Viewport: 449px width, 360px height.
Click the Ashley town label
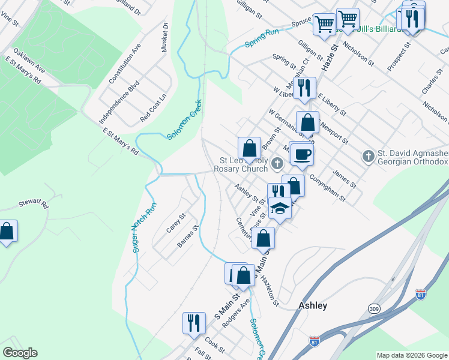pos(313,305)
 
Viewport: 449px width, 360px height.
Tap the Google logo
pos(20,353)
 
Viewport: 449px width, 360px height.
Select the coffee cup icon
pos(301,153)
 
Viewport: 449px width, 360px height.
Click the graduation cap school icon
pos(280,208)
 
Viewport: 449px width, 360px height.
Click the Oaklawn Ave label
pos(29,58)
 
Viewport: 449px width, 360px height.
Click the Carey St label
pos(176,223)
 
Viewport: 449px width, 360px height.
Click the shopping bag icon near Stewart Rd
pos(6,231)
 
